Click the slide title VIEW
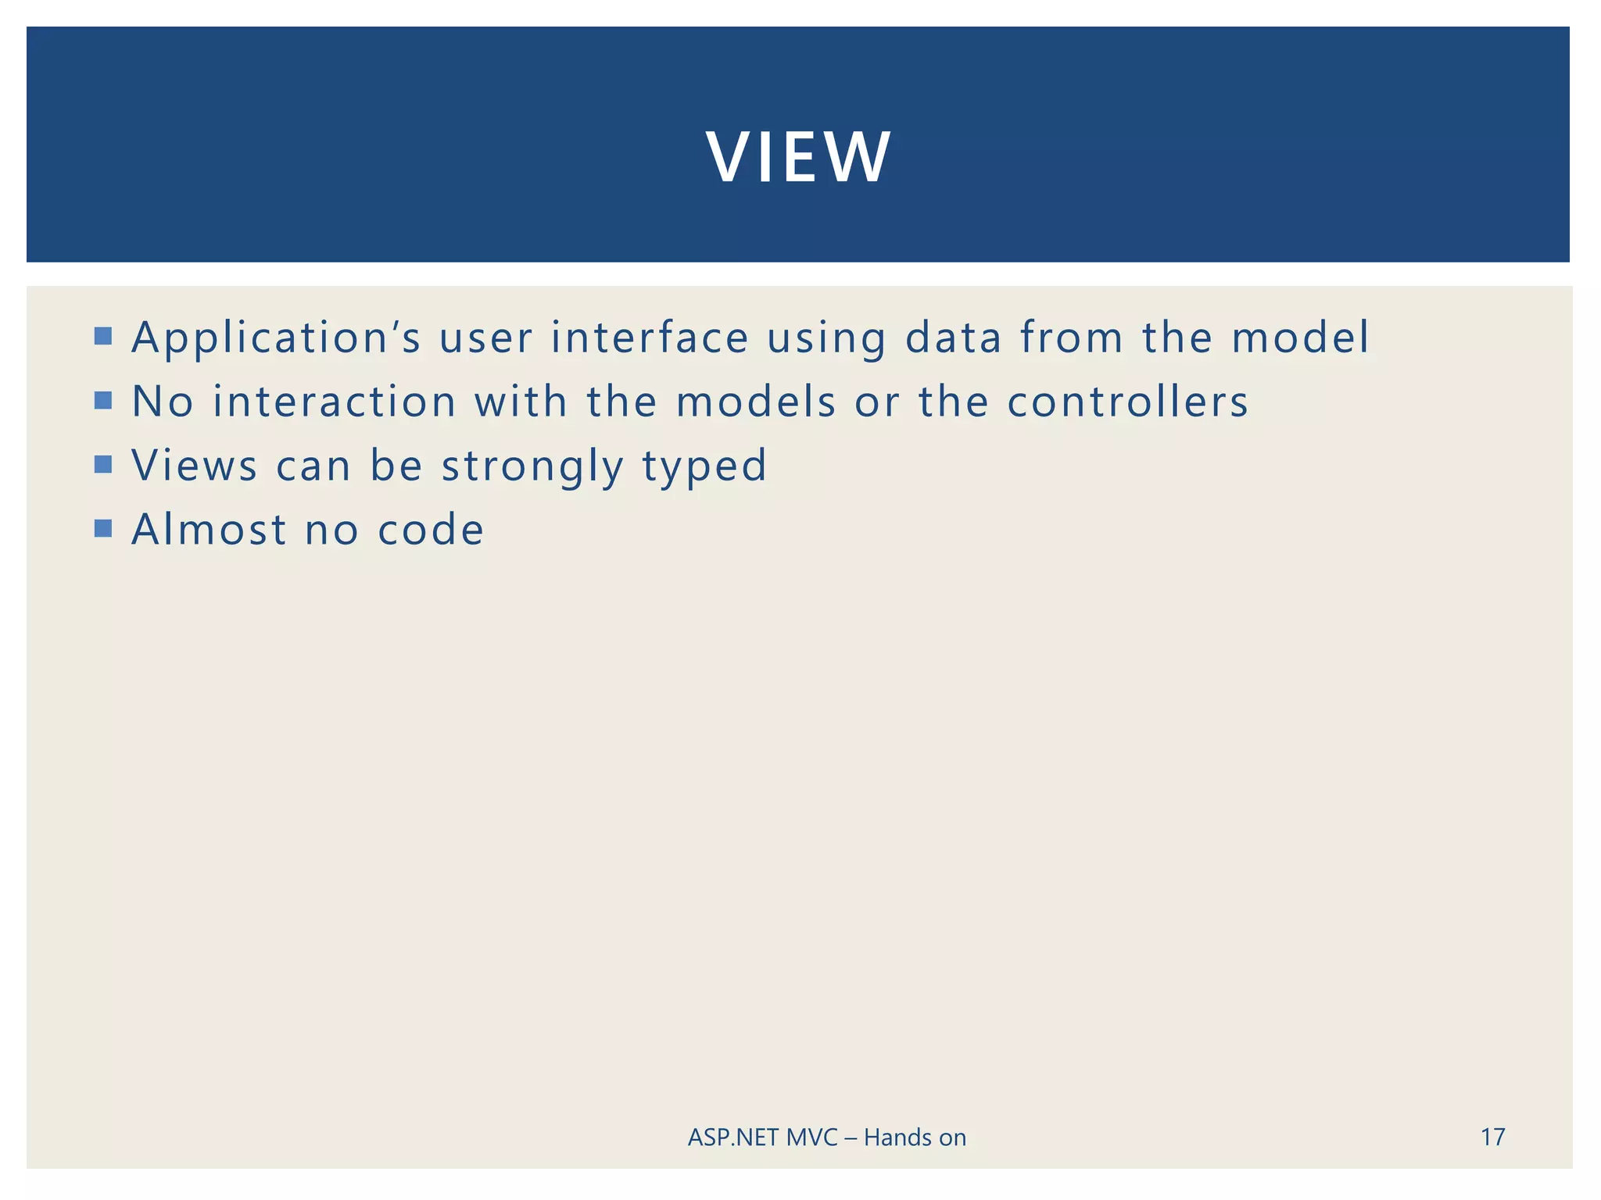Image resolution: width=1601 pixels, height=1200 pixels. pos(797,157)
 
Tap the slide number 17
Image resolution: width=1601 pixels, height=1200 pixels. pos(1492,1137)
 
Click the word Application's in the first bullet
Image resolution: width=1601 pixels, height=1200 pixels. pos(276,337)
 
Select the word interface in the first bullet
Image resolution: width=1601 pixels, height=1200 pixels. pos(650,337)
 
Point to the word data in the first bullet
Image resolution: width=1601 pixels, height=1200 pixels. pos(953,337)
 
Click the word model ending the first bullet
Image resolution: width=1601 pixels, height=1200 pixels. pos(1300,337)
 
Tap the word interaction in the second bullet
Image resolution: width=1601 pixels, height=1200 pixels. pos(335,402)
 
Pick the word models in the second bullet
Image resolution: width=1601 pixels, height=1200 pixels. pos(756,402)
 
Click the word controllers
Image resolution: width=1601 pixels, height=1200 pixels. pos(1127,402)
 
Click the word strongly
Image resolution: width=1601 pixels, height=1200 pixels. pos(532,467)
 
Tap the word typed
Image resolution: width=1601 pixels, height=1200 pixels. pos(704,467)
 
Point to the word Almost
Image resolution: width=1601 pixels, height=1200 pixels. pos(209,530)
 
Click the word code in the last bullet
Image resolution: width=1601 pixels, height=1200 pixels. pos(431,530)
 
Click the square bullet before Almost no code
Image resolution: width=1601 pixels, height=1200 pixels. pos(103,529)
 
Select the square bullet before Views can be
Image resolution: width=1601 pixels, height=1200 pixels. pos(103,465)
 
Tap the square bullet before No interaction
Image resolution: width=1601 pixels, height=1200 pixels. pos(103,401)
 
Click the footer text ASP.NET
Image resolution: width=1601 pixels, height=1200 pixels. pos(733,1137)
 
